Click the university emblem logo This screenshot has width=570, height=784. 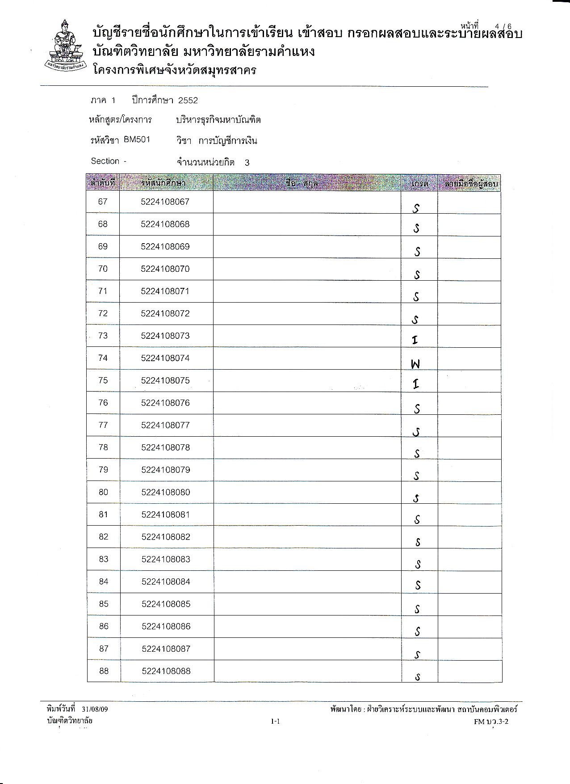pyautogui.click(x=66, y=46)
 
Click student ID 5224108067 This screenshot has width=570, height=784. pyautogui.click(x=165, y=202)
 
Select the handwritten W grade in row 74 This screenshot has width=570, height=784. pyautogui.click(x=415, y=364)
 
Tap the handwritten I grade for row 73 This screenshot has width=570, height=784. pyautogui.click(x=415, y=340)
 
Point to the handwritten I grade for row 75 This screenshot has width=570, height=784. pyautogui.click(x=416, y=384)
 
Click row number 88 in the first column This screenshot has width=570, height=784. pyautogui.click(x=104, y=671)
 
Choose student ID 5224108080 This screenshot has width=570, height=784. pyautogui.click(x=166, y=492)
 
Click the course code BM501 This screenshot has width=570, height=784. pyautogui.click(x=137, y=139)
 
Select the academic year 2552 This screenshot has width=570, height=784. pyautogui.click(x=188, y=101)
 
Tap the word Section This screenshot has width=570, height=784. pyautogui.click(x=105, y=161)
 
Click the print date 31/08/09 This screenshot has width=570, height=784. pyautogui.click(x=95, y=709)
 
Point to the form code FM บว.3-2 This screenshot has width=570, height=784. pyautogui.click(x=491, y=721)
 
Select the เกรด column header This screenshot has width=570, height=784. pyautogui.click(x=419, y=183)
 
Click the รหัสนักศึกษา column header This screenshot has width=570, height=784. pyautogui.click(x=163, y=183)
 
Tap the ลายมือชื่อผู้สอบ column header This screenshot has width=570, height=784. pyautogui.click(x=471, y=183)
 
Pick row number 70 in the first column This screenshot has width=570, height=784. pyautogui.click(x=103, y=269)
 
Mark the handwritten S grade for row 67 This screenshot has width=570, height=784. pyautogui.click(x=416, y=208)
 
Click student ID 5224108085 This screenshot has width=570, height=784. pyautogui.click(x=166, y=604)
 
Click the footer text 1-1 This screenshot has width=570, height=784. pyautogui.click(x=275, y=721)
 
